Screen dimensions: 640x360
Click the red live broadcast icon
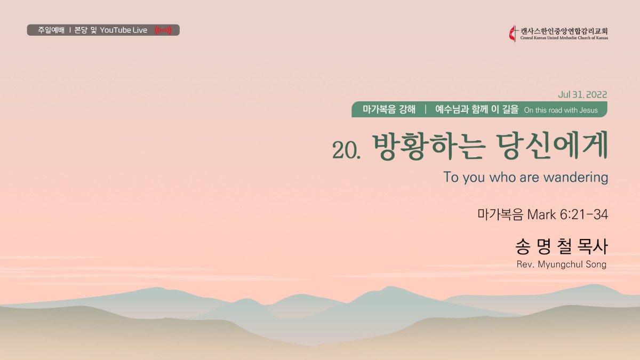[x=163, y=30]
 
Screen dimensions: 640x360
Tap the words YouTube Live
[x=123, y=30]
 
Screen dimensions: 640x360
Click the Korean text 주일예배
[x=51, y=30]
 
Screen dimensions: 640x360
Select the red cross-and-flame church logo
[x=514, y=34]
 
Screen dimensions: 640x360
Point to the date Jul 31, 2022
[x=582, y=94]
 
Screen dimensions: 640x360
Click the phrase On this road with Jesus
[x=561, y=110]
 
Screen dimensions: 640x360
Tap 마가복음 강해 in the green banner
[x=389, y=109]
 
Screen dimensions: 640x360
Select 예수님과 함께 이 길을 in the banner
[x=477, y=109]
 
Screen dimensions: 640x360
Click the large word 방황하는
[x=429, y=146]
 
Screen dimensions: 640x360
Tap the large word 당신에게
[x=552, y=146]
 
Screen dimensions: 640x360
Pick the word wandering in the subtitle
[x=575, y=178]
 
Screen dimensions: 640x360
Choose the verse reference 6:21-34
[x=583, y=214]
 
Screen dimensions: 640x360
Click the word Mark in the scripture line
[x=541, y=214]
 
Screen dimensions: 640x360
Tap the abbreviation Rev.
[x=525, y=265]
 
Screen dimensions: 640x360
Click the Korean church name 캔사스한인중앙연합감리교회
[x=564, y=31]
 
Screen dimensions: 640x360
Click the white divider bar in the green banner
[x=426, y=109]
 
